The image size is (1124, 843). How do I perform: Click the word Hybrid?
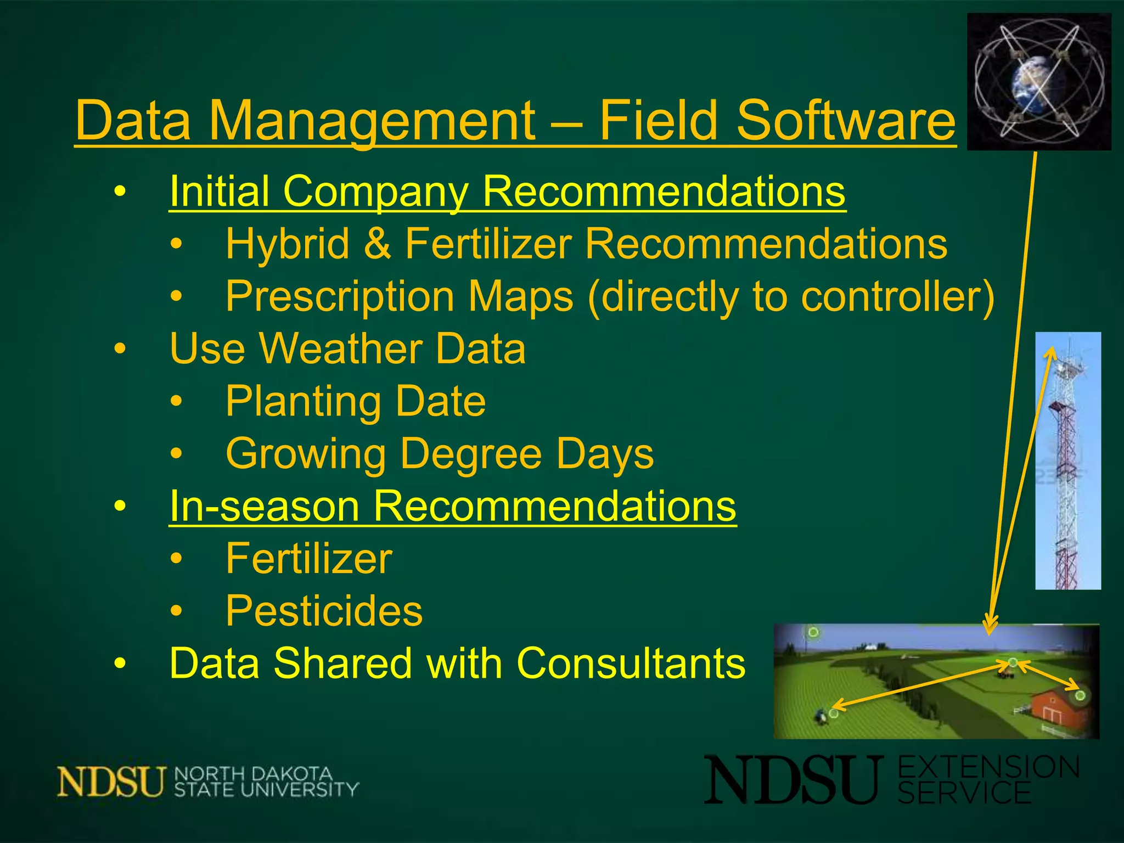tap(288, 244)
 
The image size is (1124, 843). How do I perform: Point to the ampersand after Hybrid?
tap(378, 244)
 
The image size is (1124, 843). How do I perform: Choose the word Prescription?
tap(345, 297)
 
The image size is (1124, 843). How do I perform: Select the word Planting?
tap(304, 402)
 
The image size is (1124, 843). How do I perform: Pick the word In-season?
tap(264, 506)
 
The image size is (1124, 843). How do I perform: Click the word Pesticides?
tap(324, 611)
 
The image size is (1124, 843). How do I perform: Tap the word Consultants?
tap(631, 663)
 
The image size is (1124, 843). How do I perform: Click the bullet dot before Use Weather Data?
tap(120, 349)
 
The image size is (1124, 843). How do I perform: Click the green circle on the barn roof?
tap(1080, 695)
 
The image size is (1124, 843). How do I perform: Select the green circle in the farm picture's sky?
tap(813, 632)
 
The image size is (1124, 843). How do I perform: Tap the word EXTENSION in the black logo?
tap(988, 767)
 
